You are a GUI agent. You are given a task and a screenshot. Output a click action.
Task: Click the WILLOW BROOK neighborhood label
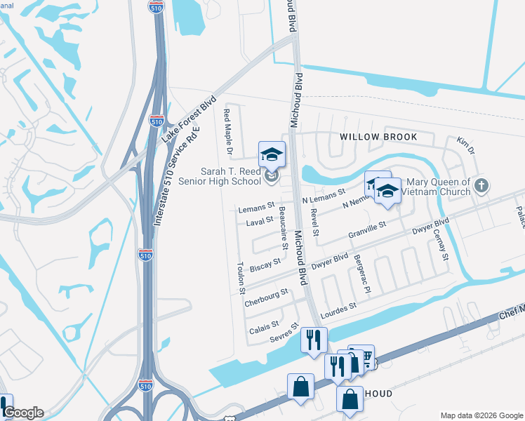(378, 137)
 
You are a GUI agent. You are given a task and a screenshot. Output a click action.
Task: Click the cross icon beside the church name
(481, 186)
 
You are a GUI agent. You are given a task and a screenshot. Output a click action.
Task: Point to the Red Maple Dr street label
(227, 131)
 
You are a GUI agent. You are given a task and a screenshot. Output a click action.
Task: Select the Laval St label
(259, 222)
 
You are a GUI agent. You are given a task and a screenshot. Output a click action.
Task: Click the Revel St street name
(316, 222)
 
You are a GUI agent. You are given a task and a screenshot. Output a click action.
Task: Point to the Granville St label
(368, 230)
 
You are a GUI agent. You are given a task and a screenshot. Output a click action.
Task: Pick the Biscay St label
(265, 265)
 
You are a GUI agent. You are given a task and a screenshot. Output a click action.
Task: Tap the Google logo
(22, 413)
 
